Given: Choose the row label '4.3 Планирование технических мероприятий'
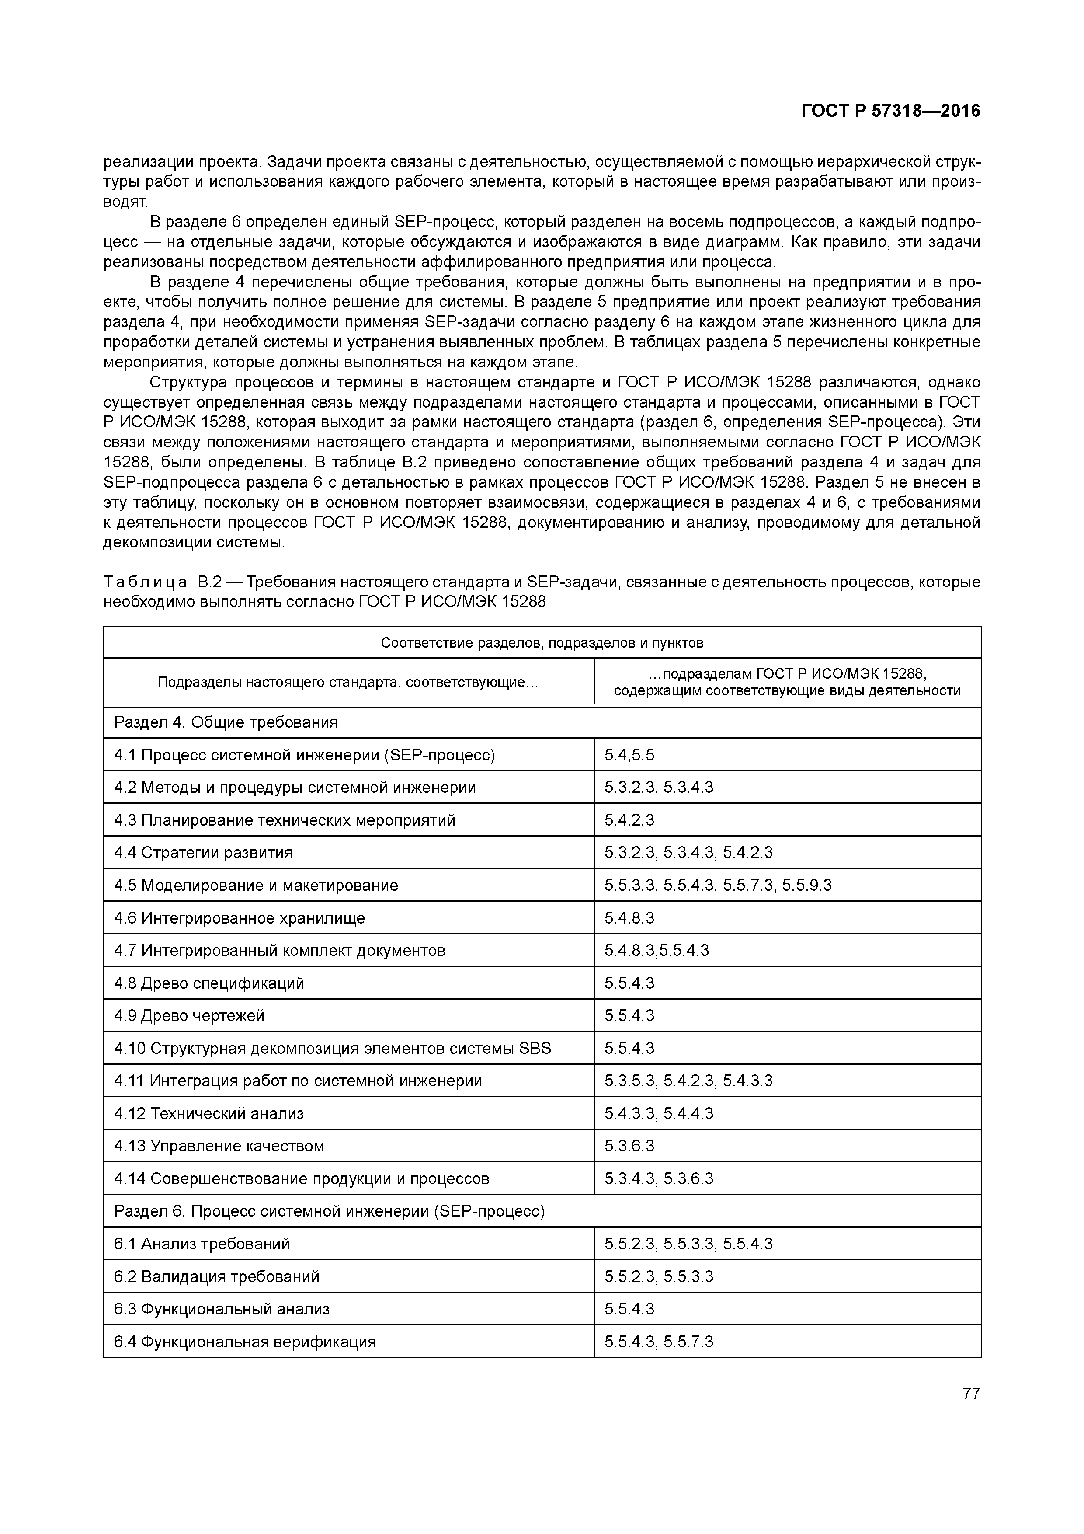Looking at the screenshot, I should pyautogui.click(x=285, y=820).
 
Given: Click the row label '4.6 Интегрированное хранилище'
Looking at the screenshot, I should pyautogui.click(x=240, y=918).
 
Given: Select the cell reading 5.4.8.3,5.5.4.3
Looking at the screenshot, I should pyautogui.click(x=657, y=950).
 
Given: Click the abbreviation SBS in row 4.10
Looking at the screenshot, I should pyautogui.click(x=535, y=1048).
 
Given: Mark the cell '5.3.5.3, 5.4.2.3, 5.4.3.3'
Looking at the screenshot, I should pyautogui.click(x=688, y=1081).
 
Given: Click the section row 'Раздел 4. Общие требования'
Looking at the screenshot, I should pyautogui.click(x=226, y=722).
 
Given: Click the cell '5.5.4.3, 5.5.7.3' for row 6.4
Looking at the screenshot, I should pyautogui.click(x=659, y=1342).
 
